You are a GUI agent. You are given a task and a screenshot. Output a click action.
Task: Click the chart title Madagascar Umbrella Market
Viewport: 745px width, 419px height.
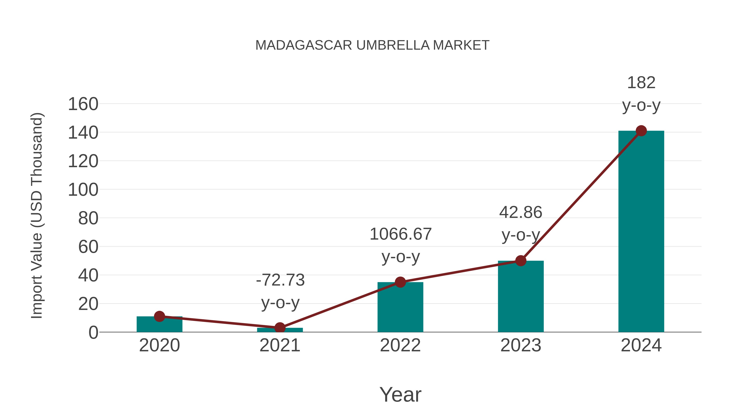(x=372, y=45)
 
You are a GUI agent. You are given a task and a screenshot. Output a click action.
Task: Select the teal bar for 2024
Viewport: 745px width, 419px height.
(x=641, y=231)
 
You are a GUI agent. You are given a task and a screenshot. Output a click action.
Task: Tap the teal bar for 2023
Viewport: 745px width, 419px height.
(x=521, y=296)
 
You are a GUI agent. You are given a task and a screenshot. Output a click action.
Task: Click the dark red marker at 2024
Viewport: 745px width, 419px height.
(x=641, y=131)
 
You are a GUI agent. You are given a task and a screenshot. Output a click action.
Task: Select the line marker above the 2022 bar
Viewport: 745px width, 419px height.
(x=400, y=282)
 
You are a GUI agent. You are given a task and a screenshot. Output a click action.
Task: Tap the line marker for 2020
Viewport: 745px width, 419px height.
(x=159, y=316)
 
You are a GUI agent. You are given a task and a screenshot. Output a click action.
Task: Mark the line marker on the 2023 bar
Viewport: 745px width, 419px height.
(x=521, y=261)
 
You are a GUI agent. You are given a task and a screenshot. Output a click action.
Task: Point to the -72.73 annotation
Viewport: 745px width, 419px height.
(x=280, y=280)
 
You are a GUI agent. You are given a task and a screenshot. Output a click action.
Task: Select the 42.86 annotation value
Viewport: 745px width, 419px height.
(x=521, y=212)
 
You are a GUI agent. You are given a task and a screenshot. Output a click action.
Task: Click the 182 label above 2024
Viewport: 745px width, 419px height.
(x=641, y=83)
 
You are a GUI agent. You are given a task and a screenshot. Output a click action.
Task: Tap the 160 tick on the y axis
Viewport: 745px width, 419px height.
(x=83, y=104)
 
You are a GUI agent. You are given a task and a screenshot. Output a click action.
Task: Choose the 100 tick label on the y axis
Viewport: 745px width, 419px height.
(x=83, y=190)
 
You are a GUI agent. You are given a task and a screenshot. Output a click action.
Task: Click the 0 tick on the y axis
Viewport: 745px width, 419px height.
(x=93, y=333)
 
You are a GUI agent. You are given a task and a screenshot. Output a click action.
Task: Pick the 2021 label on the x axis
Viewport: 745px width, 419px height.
(x=280, y=345)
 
